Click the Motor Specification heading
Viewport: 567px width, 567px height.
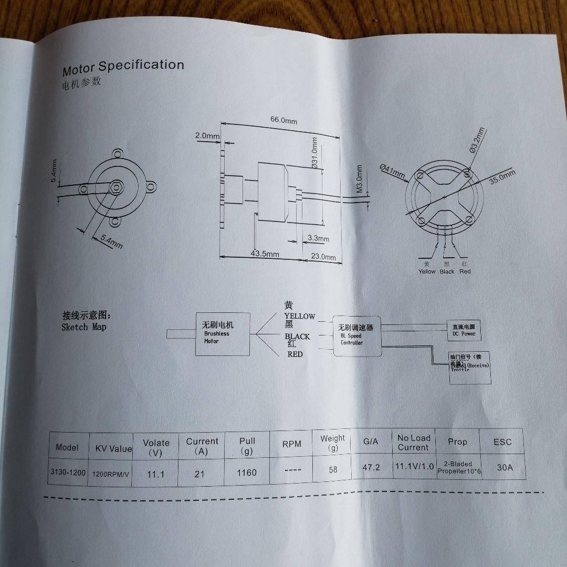click(123, 67)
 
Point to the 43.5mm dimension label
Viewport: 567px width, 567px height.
click(265, 254)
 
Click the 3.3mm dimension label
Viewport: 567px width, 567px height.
click(318, 239)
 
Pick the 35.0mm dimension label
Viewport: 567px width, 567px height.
click(502, 176)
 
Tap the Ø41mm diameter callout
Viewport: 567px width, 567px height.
click(392, 171)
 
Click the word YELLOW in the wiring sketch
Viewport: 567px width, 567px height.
click(299, 316)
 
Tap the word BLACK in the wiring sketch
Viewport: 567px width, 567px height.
click(297, 337)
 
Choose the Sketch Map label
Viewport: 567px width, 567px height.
click(83, 327)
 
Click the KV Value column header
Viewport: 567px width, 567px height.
click(113, 448)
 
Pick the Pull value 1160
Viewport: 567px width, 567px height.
click(247, 472)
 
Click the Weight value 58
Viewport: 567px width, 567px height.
click(333, 470)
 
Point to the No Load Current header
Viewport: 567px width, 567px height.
click(413, 443)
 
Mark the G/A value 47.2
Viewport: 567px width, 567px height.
click(371, 467)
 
